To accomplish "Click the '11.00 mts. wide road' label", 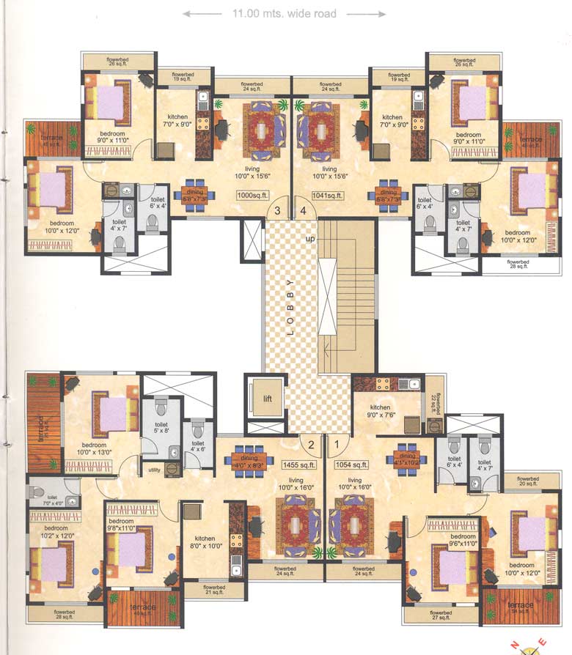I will coord(284,13).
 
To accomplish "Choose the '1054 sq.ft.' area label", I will coord(352,465).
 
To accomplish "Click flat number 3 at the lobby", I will coord(277,211).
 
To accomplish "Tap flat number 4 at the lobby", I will coord(302,211).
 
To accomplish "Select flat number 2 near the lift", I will coord(311,443).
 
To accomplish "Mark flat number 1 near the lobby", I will coord(337,443).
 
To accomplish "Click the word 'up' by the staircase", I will coord(312,240).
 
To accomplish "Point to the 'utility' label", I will coord(154,470).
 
